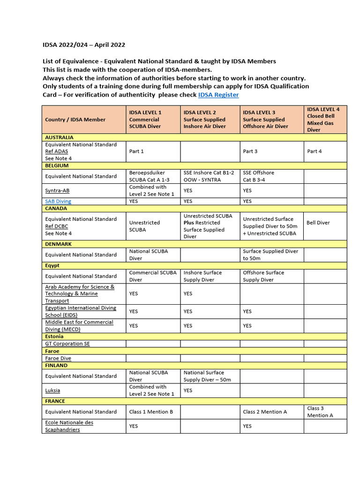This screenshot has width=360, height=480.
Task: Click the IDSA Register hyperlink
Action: [x=218, y=95]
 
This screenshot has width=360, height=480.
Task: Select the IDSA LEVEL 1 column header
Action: [x=145, y=120]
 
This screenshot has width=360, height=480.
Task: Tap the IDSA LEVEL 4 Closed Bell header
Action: [x=323, y=120]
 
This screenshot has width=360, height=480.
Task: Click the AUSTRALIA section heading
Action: [x=59, y=137]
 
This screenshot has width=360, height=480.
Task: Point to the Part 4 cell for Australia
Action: [x=315, y=151]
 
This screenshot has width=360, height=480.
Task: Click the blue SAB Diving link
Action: [x=58, y=201]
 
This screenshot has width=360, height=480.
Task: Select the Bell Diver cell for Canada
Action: [x=318, y=223]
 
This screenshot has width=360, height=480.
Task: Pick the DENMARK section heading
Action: [x=58, y=244]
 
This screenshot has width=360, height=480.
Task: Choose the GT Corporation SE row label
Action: [x=67, y=344]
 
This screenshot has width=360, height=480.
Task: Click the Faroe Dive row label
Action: [x=58, y=358]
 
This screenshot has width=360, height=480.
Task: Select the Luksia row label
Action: [x=52, y=390]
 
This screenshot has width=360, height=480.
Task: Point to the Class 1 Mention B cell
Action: [x=151, y=412]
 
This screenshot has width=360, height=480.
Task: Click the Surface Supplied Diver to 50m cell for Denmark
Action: [x=270, y=255]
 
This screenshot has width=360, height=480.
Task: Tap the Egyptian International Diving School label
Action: [x=80, y=311]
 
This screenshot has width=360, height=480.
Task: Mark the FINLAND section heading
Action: [x=56, y=365]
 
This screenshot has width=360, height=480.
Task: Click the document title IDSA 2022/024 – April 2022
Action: [x=84, y=45]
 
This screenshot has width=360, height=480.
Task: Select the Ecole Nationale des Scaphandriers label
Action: [x=69, y=426]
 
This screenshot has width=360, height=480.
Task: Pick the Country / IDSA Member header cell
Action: [x=75, y=120]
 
